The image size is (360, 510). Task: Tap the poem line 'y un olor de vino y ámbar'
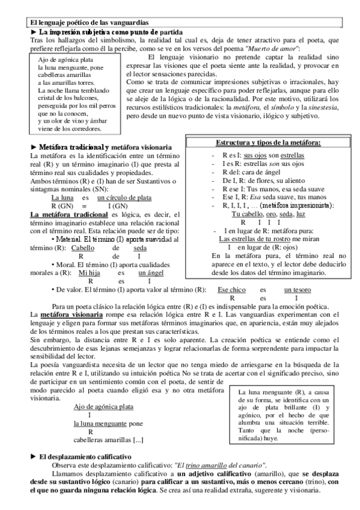pos(72,120)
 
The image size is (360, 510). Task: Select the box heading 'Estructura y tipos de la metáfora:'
pos(268,143)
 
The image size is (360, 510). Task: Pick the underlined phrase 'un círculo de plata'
pos(124,197)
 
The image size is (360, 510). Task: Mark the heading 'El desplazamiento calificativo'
pos(85,457)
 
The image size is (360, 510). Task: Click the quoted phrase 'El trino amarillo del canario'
pos(219,465)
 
